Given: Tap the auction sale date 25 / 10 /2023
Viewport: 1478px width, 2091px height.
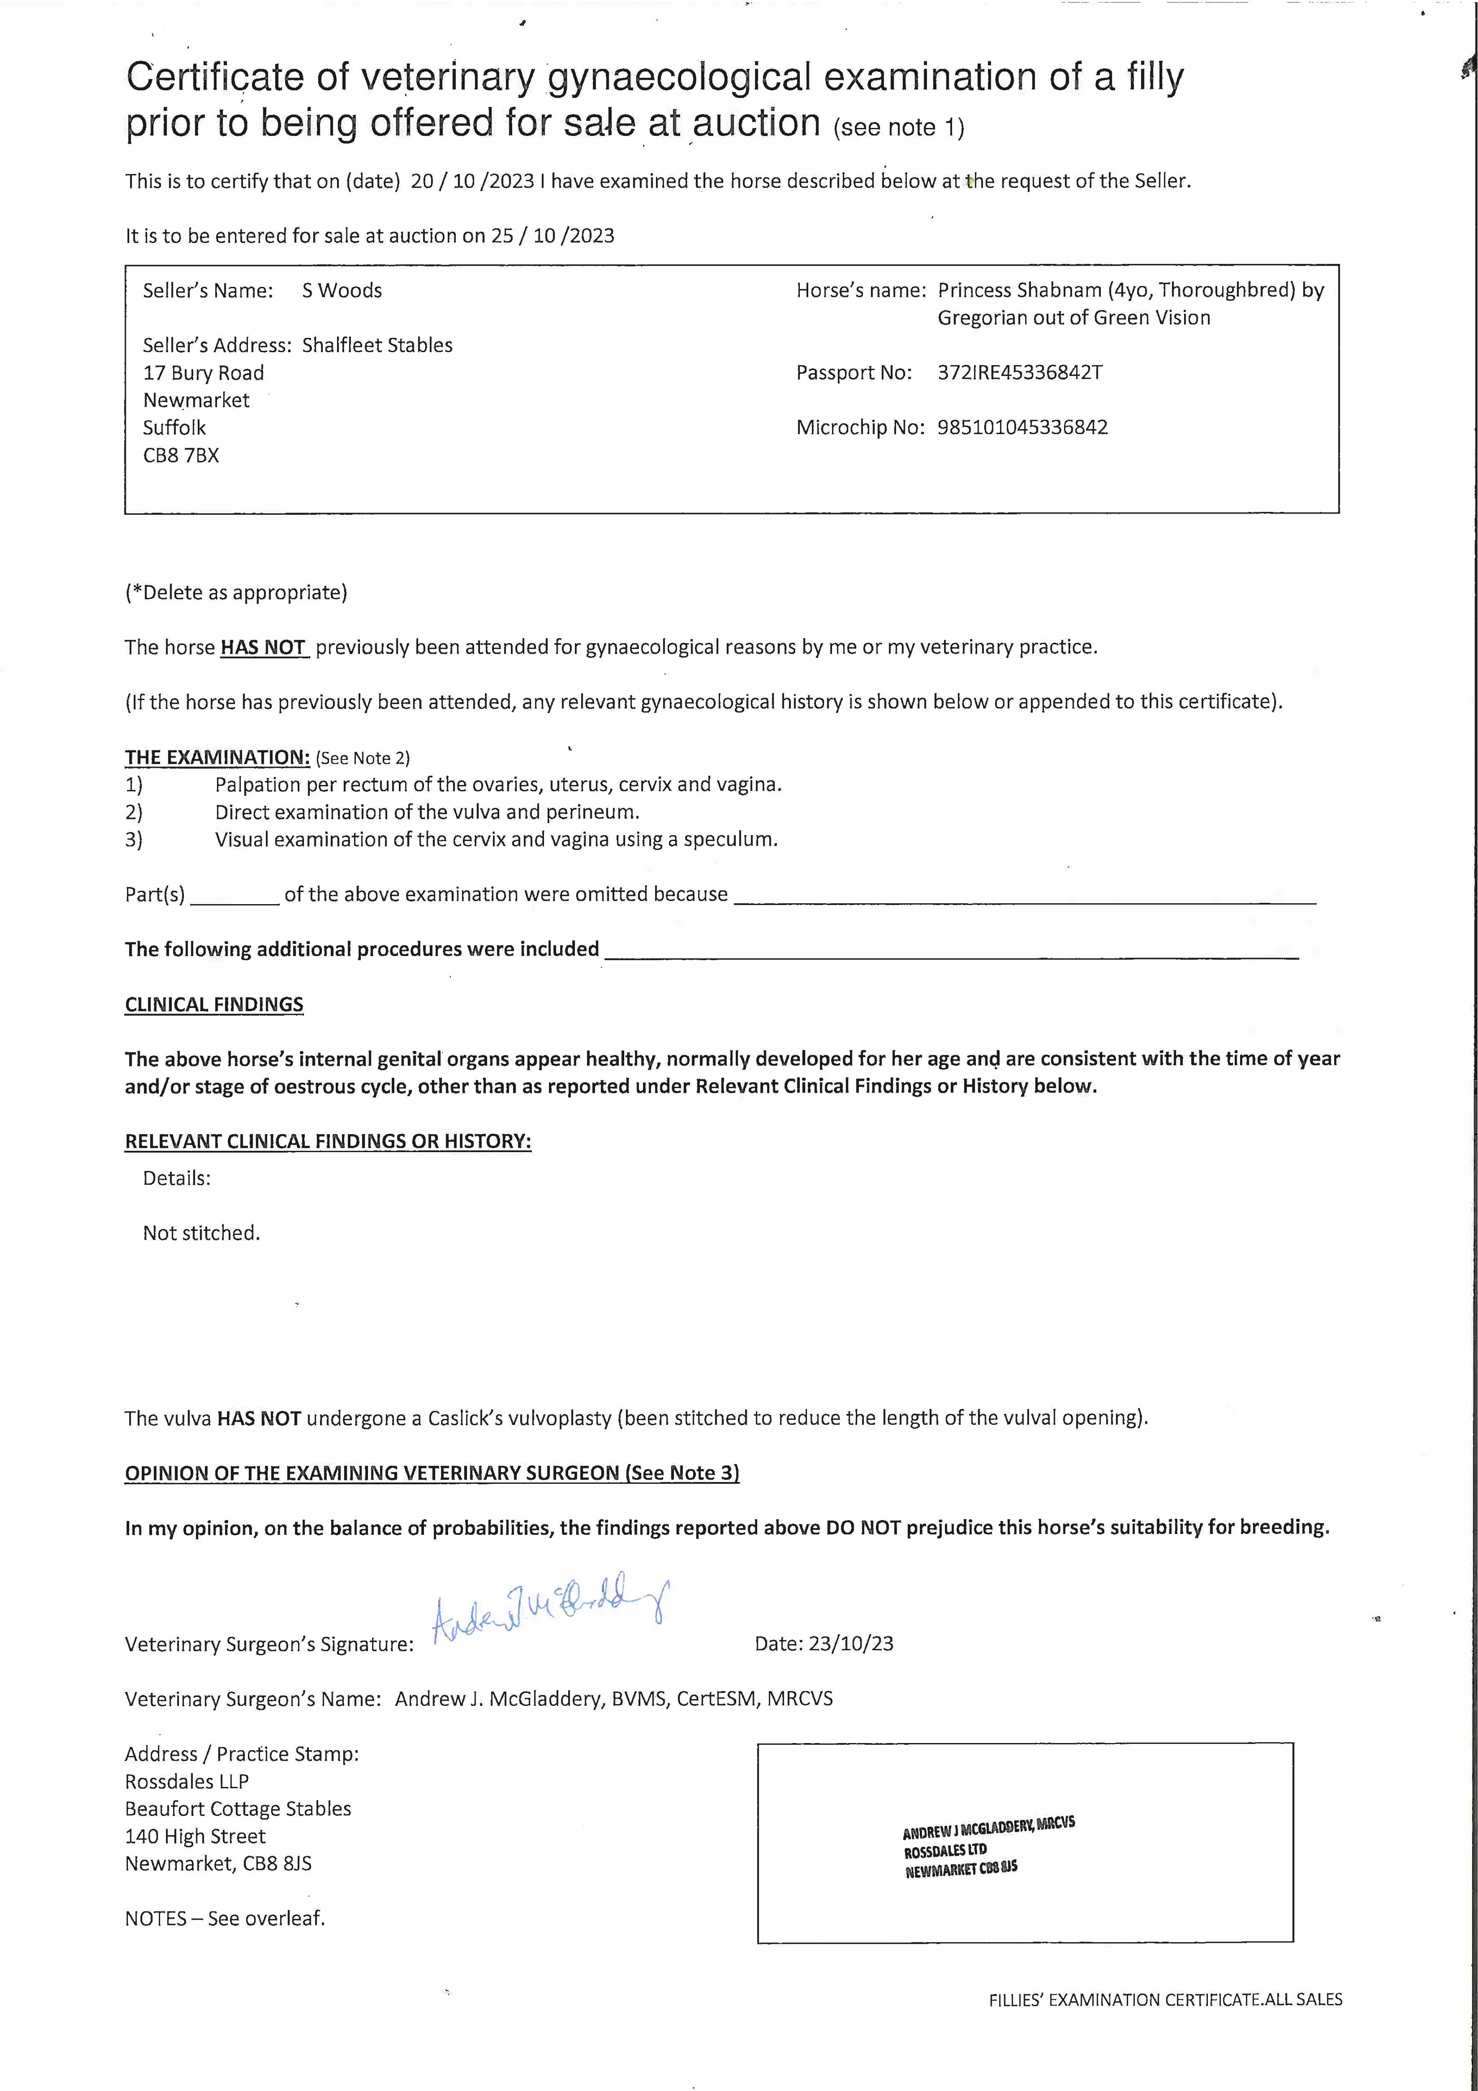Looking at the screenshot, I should (553, 236).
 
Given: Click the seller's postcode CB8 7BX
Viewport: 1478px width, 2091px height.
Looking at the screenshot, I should (181, 455).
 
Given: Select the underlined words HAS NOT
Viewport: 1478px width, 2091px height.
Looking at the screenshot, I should (263, 647).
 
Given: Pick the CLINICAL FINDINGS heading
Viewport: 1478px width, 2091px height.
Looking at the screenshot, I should (214, 1005).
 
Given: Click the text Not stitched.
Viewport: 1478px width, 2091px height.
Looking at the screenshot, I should (201, 1233).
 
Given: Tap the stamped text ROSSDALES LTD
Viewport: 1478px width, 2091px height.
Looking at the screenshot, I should (944, 1850).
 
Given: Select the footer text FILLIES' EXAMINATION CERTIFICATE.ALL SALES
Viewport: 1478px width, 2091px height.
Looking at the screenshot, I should (1165, 2000).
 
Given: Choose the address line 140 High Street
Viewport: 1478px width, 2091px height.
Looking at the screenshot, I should (195, 1836).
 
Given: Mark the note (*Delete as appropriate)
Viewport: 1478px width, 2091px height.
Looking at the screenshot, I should (236, 593).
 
